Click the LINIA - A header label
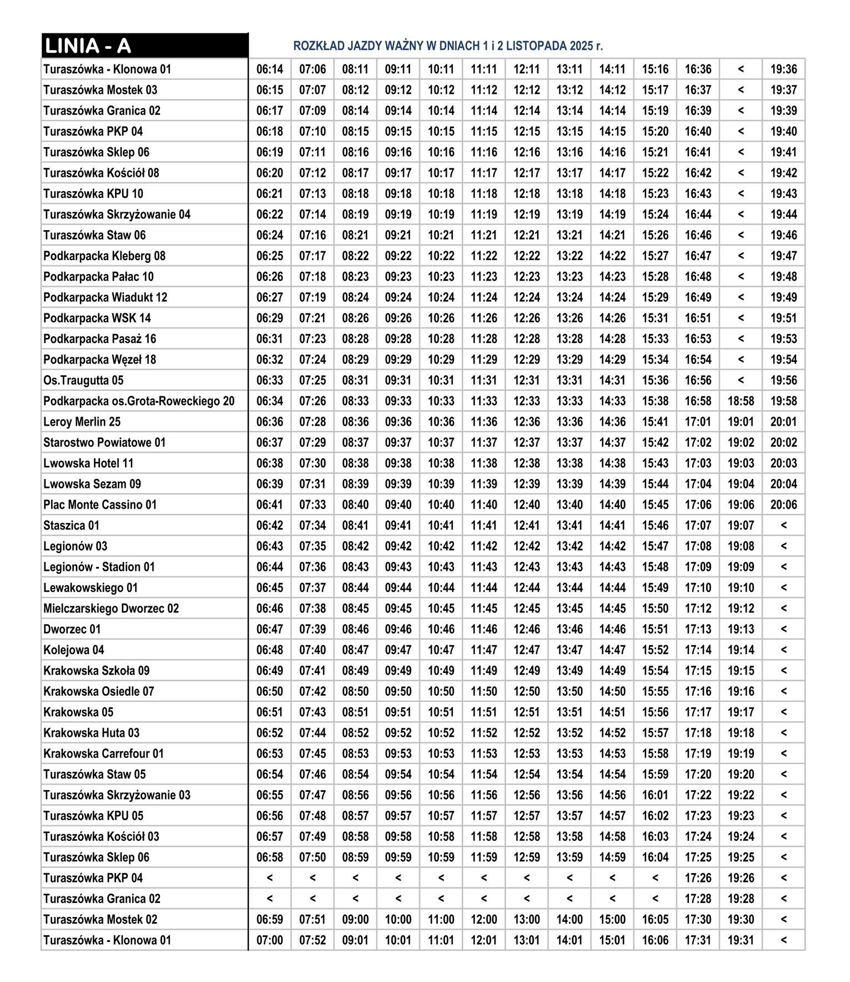click(x=88, y=46)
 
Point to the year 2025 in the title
click(x=581, y=46)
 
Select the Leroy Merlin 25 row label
click(x=82, y=422)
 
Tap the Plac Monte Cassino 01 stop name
click(x=100, y=505)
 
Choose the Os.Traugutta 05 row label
click(x=83, y=380)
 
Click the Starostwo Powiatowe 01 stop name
click(x=104, y=442)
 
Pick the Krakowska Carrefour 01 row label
click(x=103, y=754)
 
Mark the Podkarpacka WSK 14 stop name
click(x=97, y=318)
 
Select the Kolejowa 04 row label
click(x=74, y=650)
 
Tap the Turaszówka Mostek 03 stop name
click(x=100, y=90)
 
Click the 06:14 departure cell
click(x=269, y=69)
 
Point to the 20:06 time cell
click(x=783, y=505)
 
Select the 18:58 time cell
click(x=741, y=401)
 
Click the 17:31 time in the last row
click(x=698, y=940)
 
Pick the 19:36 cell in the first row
click(x=783, y=69)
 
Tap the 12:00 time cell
click(x=484, y=920)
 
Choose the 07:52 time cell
click(x=313, y=940)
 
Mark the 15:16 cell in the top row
click(x=655, y=69)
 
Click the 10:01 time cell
click(x=398, y=940)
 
